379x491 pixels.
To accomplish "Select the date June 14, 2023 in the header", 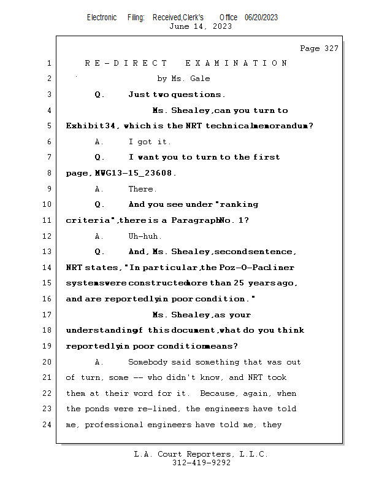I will click(201, 26).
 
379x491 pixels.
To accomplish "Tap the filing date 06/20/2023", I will click(261, 17).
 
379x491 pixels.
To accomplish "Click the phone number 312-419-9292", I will click(201, 463).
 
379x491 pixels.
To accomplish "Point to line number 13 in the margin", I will click(47, 252).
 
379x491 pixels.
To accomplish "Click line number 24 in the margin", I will click(47, 424).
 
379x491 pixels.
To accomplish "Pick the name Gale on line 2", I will click(201, 79).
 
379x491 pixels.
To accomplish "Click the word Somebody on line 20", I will click(148, 361).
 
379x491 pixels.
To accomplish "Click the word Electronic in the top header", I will click(102, 17).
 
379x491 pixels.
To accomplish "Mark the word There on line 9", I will click(142, 189).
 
